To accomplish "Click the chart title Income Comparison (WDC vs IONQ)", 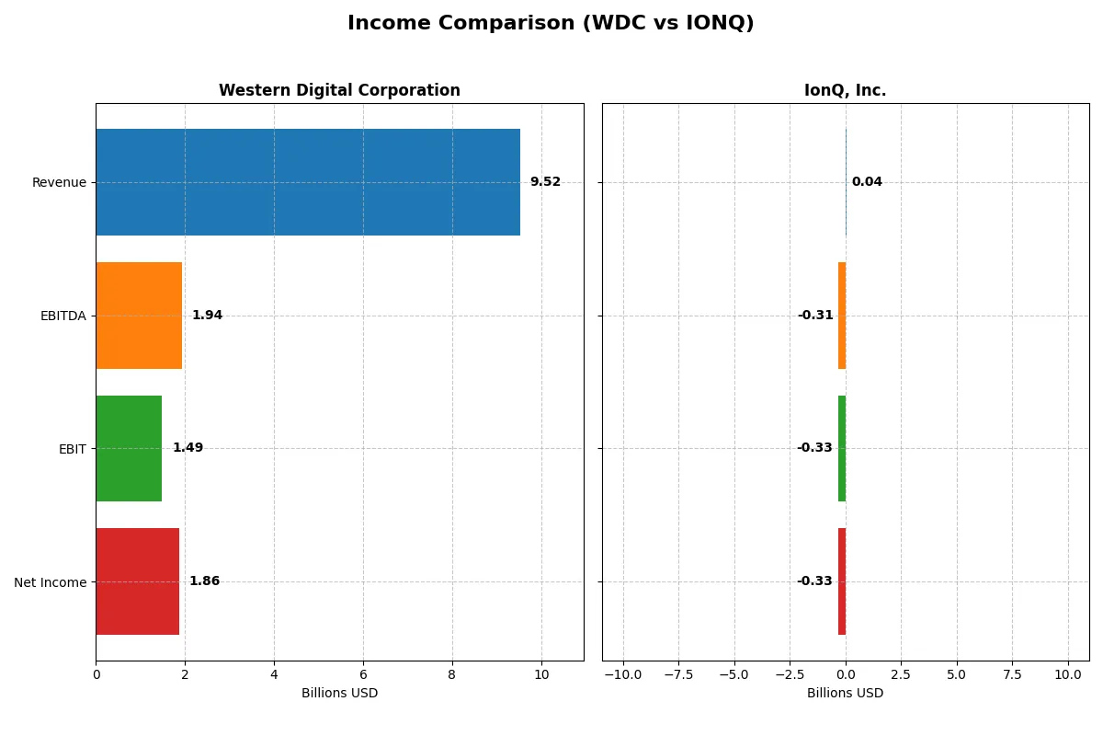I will pyautogui.click(x=551, y=24).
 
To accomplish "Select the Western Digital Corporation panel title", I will pyautogui.click(x=339, y=90).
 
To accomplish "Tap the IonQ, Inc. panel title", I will pyautogui.click(x=845, y=90).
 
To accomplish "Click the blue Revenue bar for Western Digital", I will pyautogui.click(x=308, y=182).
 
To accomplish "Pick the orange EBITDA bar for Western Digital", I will pyautogui.click(x=139, y=316).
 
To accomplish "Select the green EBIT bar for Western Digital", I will pyautogui.click(x=129, y=448).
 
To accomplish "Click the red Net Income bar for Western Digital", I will pyautogui.click(x=137, y=581).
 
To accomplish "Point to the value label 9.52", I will pyautogui.click(x=545, y=182).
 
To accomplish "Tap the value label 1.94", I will pyautogui.click(x=207, y=316).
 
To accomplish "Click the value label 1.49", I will pyautogui.click(x=188, y=448).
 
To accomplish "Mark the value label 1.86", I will pyautogui.click(x=204, y=581).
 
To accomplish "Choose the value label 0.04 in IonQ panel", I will pyautogui.click(x=867, y=182).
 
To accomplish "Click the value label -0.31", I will pyautogui.click(x=815, y=316).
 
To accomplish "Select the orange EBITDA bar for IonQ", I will pyautogui.click(x=842, y=316).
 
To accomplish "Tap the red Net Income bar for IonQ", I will pyautogui.click(x=842, y=581).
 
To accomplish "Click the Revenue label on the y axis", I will pyautogui.click(x=59, y=182).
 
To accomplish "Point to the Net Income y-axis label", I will pyautogui.click(x=51, y=581).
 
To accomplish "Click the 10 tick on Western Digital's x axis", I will pyautogui.click(x=541, y=675).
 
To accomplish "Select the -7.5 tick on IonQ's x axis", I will pyautogui.click(x=678, y=675).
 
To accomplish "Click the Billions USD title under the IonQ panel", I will pyautogui.click(x=845, y=694).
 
